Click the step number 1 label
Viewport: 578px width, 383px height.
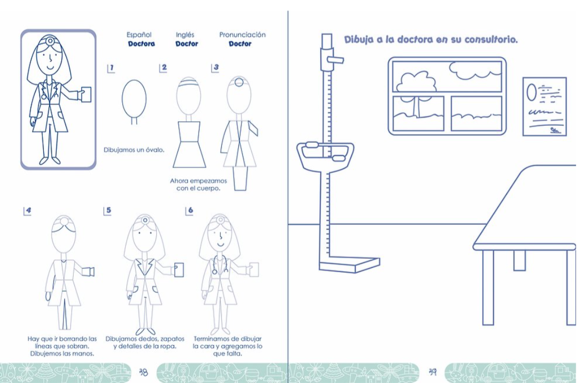pos(111,68)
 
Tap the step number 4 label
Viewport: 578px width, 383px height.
pos(28,211)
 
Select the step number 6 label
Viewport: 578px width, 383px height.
pos(189,210)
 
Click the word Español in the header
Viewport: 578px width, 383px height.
pos(139,35)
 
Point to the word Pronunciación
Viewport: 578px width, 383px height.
pos(242,35)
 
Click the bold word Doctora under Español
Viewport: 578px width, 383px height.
pos(142,44)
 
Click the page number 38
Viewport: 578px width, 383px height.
pos(144,372)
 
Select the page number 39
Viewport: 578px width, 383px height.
pos(433,372)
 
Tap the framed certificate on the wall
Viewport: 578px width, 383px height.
pos(544,107)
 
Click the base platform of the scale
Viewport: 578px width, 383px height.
pos(350,264)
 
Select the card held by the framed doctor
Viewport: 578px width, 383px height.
pos(86,94)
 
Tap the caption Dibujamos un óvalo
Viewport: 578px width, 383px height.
pos(134,150)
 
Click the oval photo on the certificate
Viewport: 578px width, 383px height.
pos(531,92)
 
